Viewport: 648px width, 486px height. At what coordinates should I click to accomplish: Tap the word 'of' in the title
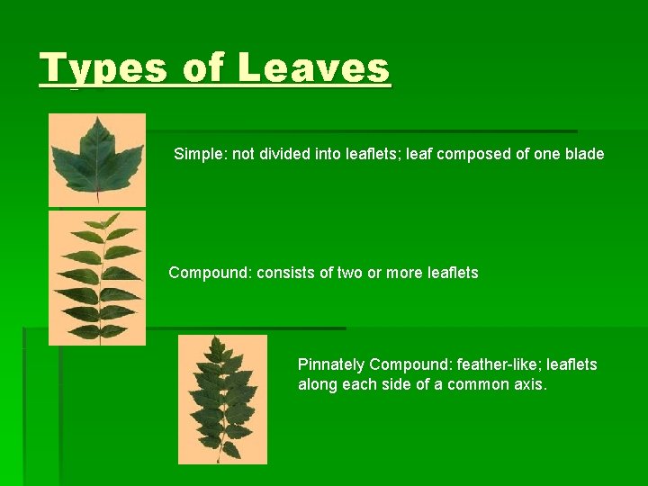click(202, 67)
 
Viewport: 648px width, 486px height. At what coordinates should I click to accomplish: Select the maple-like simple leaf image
click(97, 159)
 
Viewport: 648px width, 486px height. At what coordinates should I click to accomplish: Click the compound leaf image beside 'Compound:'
click(97, 278)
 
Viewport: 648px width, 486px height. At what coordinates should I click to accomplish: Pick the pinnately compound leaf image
click(222, 400)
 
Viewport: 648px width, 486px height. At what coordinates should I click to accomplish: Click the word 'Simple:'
click(201, 154)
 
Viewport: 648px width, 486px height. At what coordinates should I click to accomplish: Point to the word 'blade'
click(584, 154)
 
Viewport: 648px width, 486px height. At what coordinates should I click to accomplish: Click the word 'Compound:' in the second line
click(211, 272)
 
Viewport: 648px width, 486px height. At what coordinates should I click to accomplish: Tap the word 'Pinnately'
click(331, 364)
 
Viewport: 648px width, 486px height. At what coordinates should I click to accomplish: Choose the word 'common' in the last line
click(481, 384)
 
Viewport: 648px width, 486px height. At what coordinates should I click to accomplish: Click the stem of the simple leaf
click(97, 191)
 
